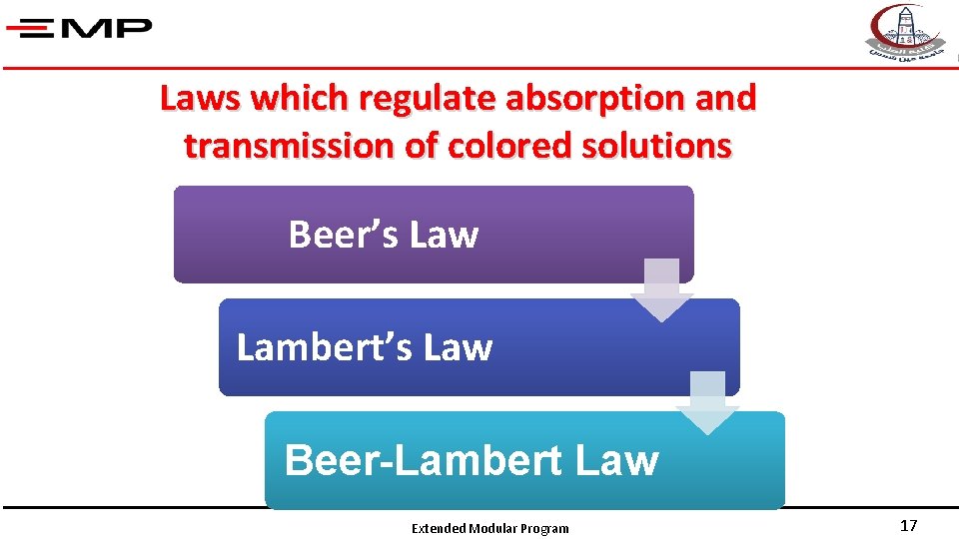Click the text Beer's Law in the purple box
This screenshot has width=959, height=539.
coord(384,235)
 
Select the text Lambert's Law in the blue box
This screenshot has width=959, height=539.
coord(365,347)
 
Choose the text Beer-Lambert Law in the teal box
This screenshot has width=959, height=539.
coord(472,460)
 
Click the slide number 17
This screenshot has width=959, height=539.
coord(908,526)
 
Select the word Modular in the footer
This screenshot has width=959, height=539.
coord(493,529)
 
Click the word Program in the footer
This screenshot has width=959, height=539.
coord(544,529)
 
